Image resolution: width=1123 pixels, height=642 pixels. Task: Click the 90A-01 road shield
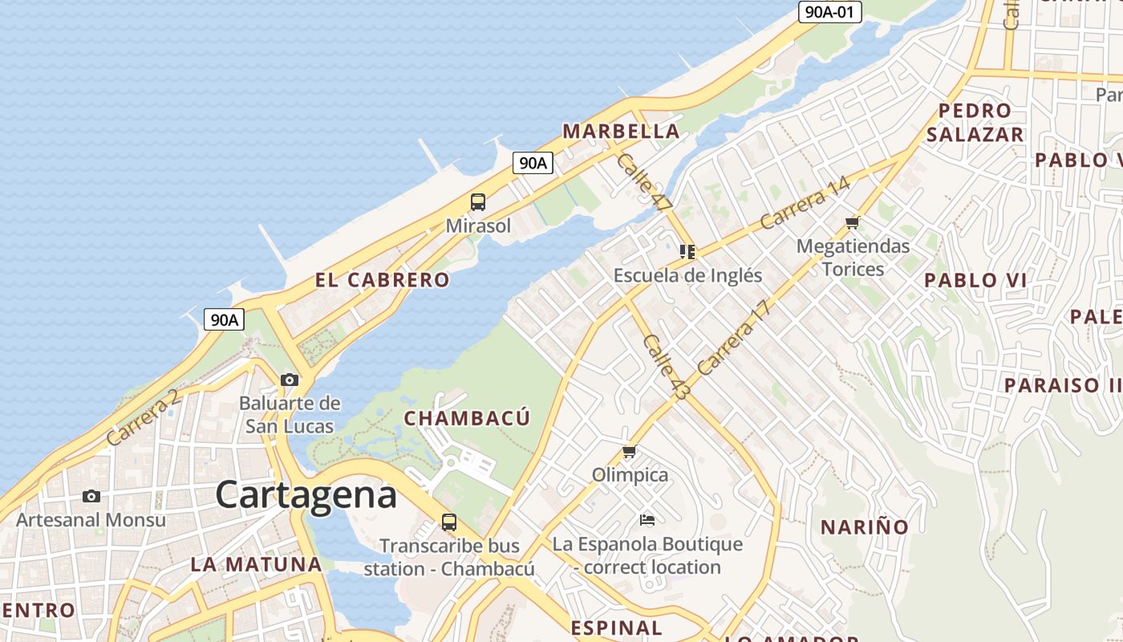coord(829,12)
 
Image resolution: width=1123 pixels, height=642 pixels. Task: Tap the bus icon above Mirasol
coord(478,201)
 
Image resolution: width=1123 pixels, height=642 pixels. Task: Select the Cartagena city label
coord(306,494)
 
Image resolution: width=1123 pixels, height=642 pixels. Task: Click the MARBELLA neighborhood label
coord(621,131)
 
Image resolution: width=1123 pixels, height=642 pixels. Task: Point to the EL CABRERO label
coord(382,280)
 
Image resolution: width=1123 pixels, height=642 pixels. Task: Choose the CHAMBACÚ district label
coord(467,418)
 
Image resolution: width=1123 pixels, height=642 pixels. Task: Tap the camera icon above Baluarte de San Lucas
coord(290,380)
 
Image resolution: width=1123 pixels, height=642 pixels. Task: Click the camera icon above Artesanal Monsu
coord(91,496)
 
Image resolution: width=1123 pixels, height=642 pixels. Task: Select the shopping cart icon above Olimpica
coord(630,452)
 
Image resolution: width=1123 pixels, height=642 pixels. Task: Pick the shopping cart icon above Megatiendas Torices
coord(852,222)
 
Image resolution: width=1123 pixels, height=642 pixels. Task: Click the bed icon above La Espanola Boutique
coord(647,520)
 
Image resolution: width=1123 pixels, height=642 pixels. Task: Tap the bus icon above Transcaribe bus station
coord(449,522)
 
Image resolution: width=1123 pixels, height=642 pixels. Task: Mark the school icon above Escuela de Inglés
coord(687,252)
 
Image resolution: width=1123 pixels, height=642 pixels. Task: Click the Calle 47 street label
coord(643,182)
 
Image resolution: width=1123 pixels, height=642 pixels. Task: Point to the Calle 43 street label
coord(666,368)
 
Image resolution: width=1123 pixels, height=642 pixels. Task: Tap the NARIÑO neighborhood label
coord(864,527)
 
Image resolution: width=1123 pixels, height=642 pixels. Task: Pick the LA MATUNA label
coord(256,564)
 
